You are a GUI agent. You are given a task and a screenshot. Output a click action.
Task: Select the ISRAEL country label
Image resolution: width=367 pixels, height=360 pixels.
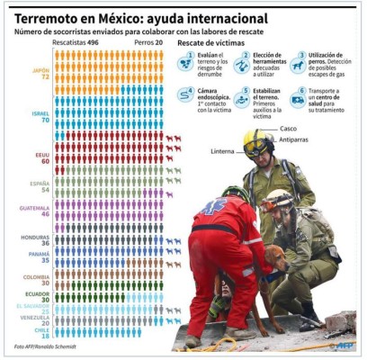click(39, 114)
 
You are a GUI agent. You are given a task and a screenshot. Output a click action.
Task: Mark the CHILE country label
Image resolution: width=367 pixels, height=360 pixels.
click(40, 329)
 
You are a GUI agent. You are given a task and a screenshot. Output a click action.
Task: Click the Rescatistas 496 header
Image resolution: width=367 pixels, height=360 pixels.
click(75, 41)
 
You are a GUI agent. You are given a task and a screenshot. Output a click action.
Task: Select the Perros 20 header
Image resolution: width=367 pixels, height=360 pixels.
click(148, 41)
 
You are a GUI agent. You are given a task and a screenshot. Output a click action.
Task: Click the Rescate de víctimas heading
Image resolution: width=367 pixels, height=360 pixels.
click(211, 42)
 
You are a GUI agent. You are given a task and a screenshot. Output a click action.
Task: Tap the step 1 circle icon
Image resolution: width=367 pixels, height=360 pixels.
click(185, 62)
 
